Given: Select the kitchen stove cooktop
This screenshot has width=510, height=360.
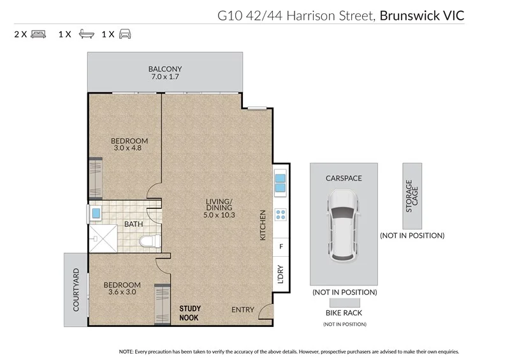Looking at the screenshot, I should click(280, 215).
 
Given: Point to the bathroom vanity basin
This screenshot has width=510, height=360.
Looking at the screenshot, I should click(96, 212).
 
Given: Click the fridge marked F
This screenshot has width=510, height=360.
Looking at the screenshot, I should click(280, 246).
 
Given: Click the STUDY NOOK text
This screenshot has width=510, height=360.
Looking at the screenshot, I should click(190, 313).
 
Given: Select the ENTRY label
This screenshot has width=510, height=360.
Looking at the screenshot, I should click(242, 310).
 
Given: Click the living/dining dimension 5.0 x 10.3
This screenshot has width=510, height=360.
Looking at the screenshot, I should click(221, 215).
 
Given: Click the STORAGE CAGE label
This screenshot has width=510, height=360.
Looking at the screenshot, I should click(411, 196).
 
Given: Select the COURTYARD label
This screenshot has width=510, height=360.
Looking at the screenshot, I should click(76, 290).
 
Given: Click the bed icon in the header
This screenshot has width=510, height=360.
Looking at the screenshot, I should click(38, 34).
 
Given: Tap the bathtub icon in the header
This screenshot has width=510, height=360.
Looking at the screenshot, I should click(85, 34).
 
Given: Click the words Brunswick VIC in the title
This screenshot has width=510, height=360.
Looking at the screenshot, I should click(422, 13).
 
